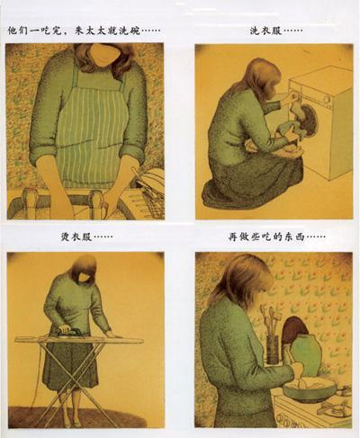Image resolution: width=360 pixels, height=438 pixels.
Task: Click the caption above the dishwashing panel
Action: pos(83,30)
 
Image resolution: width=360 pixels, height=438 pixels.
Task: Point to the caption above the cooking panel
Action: pos(276,238)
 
